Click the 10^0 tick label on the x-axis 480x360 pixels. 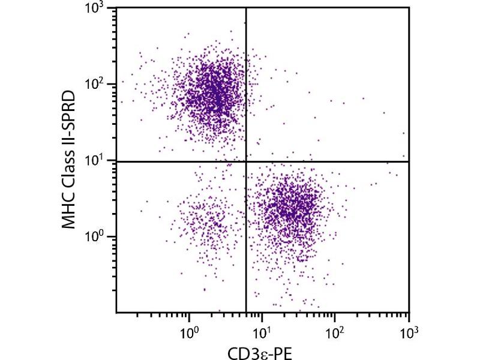(x=190, y=331)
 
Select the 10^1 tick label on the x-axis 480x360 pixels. (x=262, y=331)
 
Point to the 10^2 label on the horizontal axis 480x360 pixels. (x=335, y=331)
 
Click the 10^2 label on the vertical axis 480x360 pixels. (x=98, y=84)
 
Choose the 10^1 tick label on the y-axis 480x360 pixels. (x=98, y=161)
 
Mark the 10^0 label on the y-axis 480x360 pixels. (x=98, y=237)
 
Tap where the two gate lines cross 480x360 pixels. (x=246, y=161)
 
